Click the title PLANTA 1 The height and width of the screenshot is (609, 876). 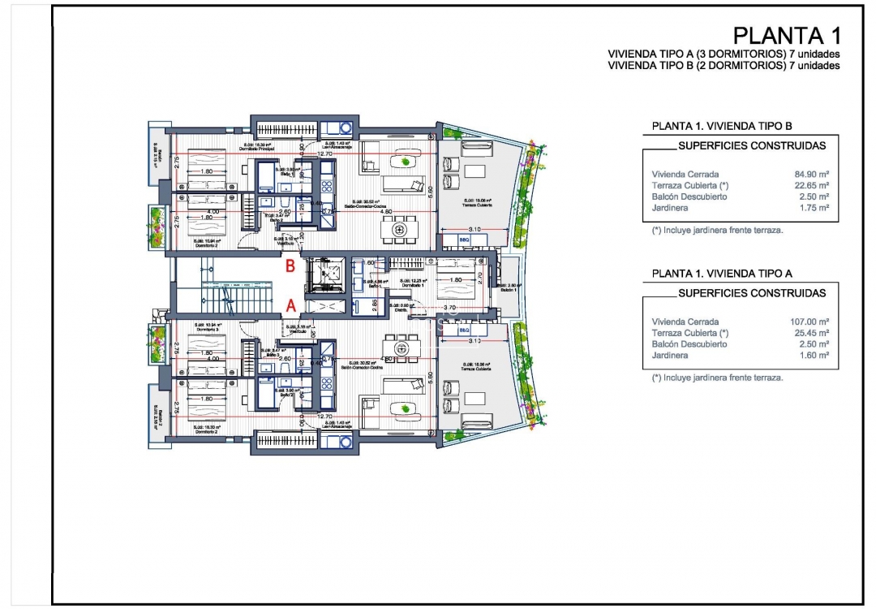(x=786, y=36)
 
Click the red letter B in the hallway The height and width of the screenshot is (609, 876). (x=289, y=264)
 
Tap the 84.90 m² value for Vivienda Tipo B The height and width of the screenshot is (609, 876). (x=811, y=174)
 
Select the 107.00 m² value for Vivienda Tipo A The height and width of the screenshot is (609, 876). (x=809, y=322)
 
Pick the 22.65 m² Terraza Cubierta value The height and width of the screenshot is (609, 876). (x=811, y=185)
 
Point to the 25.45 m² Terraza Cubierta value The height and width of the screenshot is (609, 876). (x=811, y=333)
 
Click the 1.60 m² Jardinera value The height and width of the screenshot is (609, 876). (x=814, y=356)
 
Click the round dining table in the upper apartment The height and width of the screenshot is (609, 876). (x=400, y=231)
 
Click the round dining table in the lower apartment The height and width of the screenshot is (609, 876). (x=399, y=349)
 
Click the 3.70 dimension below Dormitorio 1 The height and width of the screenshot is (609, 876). (x=450, y=309)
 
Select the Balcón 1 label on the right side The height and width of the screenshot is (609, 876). (x=509, y=288)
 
